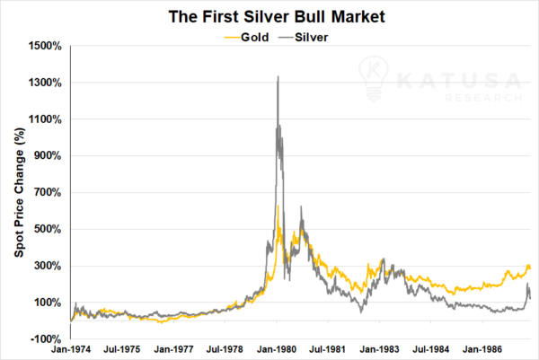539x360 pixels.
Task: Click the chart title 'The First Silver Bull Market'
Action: (269, 15)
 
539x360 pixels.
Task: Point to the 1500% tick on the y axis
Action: (45, 46)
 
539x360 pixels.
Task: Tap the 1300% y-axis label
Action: (45, 83)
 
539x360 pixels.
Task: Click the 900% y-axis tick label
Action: (48, 155)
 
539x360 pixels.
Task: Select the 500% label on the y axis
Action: (48, 229)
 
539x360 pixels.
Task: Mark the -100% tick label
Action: (46, 338)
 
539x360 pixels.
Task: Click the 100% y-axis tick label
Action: (48, 302)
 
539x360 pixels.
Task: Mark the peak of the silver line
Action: (278, 77)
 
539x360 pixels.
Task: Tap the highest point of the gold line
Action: (278, 206)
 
